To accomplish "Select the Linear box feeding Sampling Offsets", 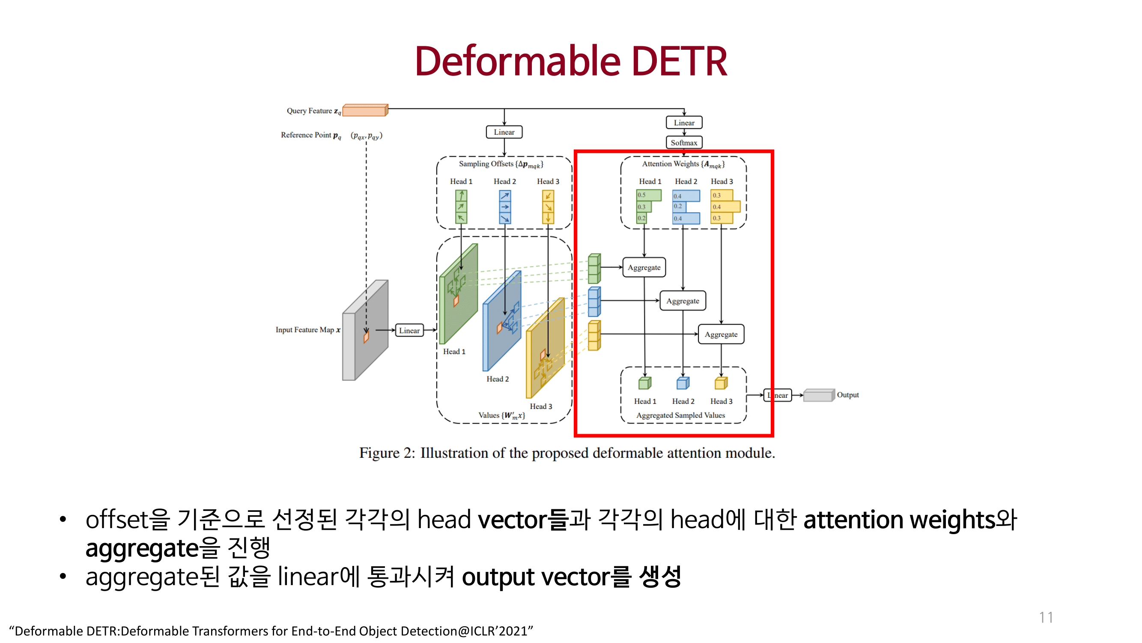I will pyautogui.click(x=504, y=132).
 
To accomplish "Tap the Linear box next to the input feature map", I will pyautogui.click(x=409, y=330).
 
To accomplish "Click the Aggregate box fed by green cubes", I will pyautogui.click(x=644, y=267).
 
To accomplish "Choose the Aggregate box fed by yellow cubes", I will pyautogui.click(x=721, y=334).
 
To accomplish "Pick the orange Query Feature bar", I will pyautogui.click(x=365, y=110).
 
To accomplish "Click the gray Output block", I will pyautogui.click(x=818, y=395).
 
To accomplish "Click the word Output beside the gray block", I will pyautogui.click(x=847, y=394).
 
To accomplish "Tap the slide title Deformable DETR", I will pyautogui.click(x=570, y=61).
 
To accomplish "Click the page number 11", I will pyautogui.click(x=1045, y=617).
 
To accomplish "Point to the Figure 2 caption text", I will pyautogui.click(x=567, y=453).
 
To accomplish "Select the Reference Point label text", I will pyautogui.click(x=310, y=135).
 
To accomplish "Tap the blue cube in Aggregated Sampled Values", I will pyautogui.click(x=682, y=383).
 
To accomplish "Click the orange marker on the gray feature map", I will pyautogui.click(x=366, y=337).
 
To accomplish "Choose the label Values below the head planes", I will pyautogui.click(x=501, y=415).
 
